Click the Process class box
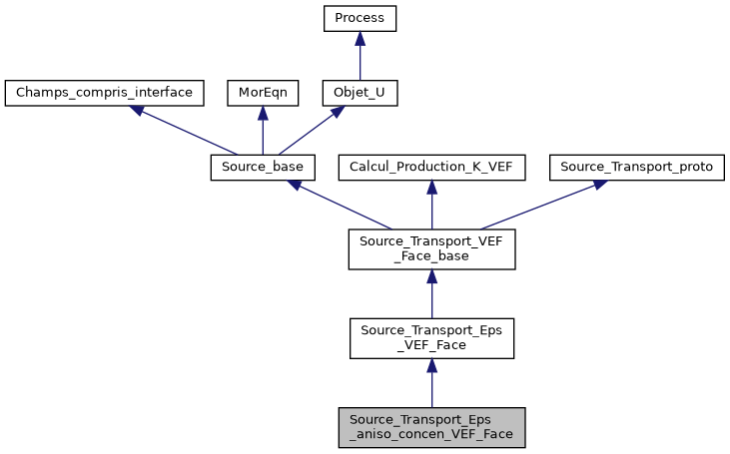360,19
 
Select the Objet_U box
360,94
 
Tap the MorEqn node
262,94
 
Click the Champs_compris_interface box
104,94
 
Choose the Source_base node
263,168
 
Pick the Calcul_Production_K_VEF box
431,168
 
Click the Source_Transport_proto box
637,168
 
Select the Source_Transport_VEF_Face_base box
431,249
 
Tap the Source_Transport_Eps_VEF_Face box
431,338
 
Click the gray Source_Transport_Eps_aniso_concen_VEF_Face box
431,426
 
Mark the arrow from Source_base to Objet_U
311,131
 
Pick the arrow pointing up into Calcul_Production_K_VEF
431,206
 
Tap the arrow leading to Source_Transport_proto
539,205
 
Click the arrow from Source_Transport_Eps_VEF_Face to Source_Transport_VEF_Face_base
431,294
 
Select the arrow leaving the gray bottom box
431,383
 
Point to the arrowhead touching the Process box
360,38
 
